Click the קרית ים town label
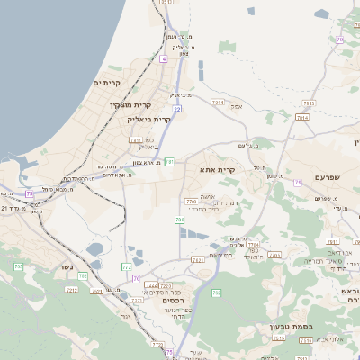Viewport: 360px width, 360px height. pyautogui.click(x=106, y=83)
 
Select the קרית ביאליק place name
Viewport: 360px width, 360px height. pyautogui.click(x=150, y=119)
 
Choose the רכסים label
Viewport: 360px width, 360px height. pyautogui.click(x=175, y=300)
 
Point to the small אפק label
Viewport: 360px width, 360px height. pyautogui.click(x=238, y=106)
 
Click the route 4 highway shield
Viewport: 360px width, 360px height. pyautogui.click(x=164, y=58)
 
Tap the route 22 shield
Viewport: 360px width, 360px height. pyautogui.click(x=178, y=109)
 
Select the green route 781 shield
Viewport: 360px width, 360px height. pyautogui.click(x=168, y=162)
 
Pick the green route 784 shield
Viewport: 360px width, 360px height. pyautogui.click(x=179, y=219)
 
